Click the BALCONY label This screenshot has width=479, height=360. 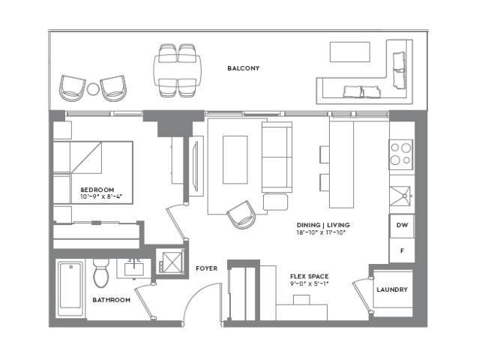(x=243, y=68)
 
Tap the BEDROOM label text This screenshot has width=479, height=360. (x=97, y=190)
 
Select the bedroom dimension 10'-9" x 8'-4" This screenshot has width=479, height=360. (x=100, y=196)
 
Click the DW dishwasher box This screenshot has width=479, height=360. (x=402, y=226)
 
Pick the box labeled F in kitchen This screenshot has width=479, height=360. (x=402, y=250)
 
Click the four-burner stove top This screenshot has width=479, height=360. (x=401, y=154)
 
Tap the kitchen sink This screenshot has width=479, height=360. (x=400, y=196)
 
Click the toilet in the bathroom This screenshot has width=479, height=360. (x=100, y=273)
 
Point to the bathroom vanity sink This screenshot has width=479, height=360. (x=133, y=269)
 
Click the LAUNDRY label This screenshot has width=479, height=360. (x=392, y=289)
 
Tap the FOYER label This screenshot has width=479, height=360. (x=206, y=268)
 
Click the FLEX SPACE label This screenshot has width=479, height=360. (x=309, y=276)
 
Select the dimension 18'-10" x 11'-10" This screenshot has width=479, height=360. (x=321, y=232)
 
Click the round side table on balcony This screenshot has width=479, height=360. (x=93, y=89)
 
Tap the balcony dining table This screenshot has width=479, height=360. (x=177, y=70)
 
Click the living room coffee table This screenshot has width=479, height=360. (x=235, y=160)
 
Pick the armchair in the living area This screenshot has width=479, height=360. (x=241, y=214)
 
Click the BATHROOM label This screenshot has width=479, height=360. (x=111, y=300)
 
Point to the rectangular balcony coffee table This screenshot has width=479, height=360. (x=350, y=52)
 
